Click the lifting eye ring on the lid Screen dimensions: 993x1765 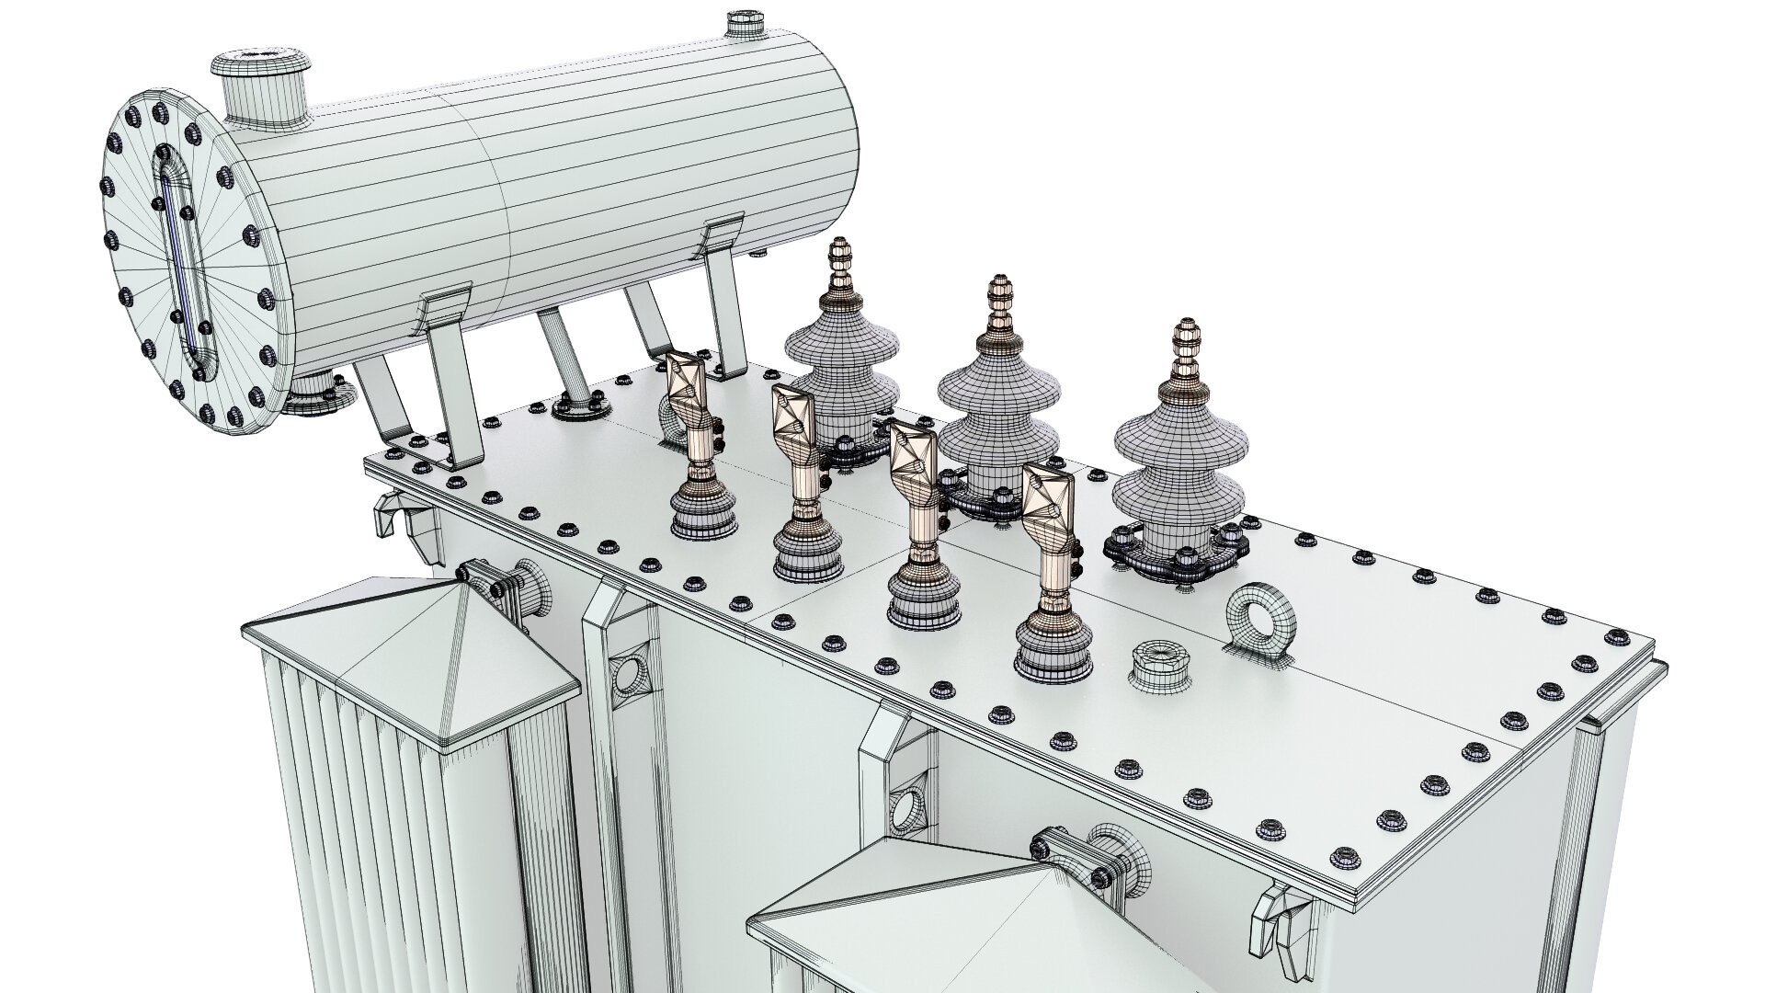tap(1261, 617)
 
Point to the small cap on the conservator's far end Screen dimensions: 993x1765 tap(740, 23)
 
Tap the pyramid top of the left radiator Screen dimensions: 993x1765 tap(414, 662)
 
